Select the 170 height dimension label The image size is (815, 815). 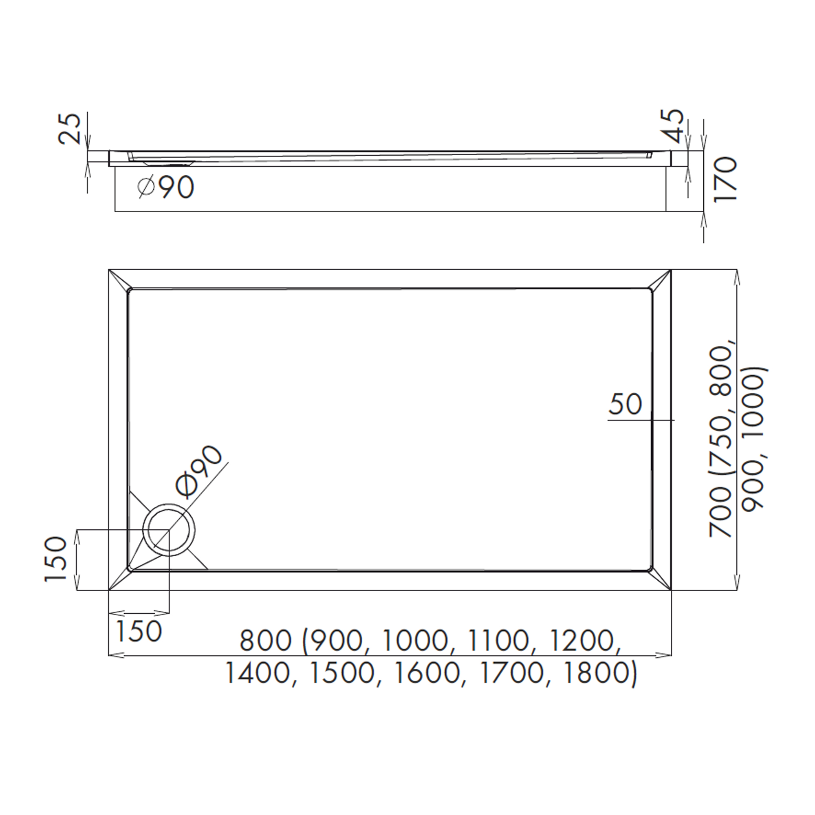tap(725, 179)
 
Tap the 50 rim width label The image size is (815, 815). tap(625, 404)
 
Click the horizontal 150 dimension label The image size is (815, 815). tap(139, 631)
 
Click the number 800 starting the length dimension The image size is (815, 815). tap(266, 640)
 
